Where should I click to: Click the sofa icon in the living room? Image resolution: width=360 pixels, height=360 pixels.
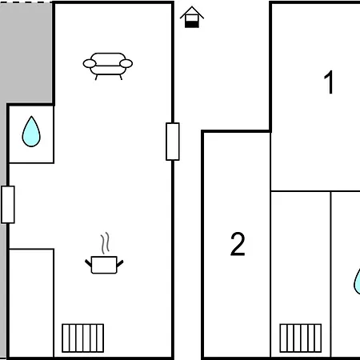click(108, 66)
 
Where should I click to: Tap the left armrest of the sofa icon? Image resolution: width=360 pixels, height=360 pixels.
click(90, 64)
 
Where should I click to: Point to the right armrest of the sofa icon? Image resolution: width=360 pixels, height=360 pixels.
click(126, 63)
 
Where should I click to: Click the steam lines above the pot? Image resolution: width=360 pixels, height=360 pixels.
click(106, 242)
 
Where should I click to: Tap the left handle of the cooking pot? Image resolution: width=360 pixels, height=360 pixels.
click(88, 263)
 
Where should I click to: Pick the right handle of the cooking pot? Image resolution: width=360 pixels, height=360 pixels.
click(120, 263)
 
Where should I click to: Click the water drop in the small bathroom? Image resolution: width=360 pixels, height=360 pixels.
click(31, 132)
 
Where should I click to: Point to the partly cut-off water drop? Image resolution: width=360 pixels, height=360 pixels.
click(357, 282)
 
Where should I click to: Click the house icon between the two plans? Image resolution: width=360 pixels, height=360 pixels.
click(192, 17)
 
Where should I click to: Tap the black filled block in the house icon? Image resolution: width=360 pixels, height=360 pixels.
click(192, 24)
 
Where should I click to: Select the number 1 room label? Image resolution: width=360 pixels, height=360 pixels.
click(329, 82)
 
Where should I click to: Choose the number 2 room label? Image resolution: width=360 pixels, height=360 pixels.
click(238, 244)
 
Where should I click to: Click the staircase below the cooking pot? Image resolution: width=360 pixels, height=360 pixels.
click(83, 338)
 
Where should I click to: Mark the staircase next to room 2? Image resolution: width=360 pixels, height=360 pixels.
click(301, 338)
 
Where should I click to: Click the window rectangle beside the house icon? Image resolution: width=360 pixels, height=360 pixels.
click(173, 142)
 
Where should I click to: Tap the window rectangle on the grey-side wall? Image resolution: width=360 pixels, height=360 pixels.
click(8, 205)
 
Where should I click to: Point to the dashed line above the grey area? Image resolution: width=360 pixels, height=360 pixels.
click(26, 2)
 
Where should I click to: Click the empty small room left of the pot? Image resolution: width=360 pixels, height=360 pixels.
click(31, 302)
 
